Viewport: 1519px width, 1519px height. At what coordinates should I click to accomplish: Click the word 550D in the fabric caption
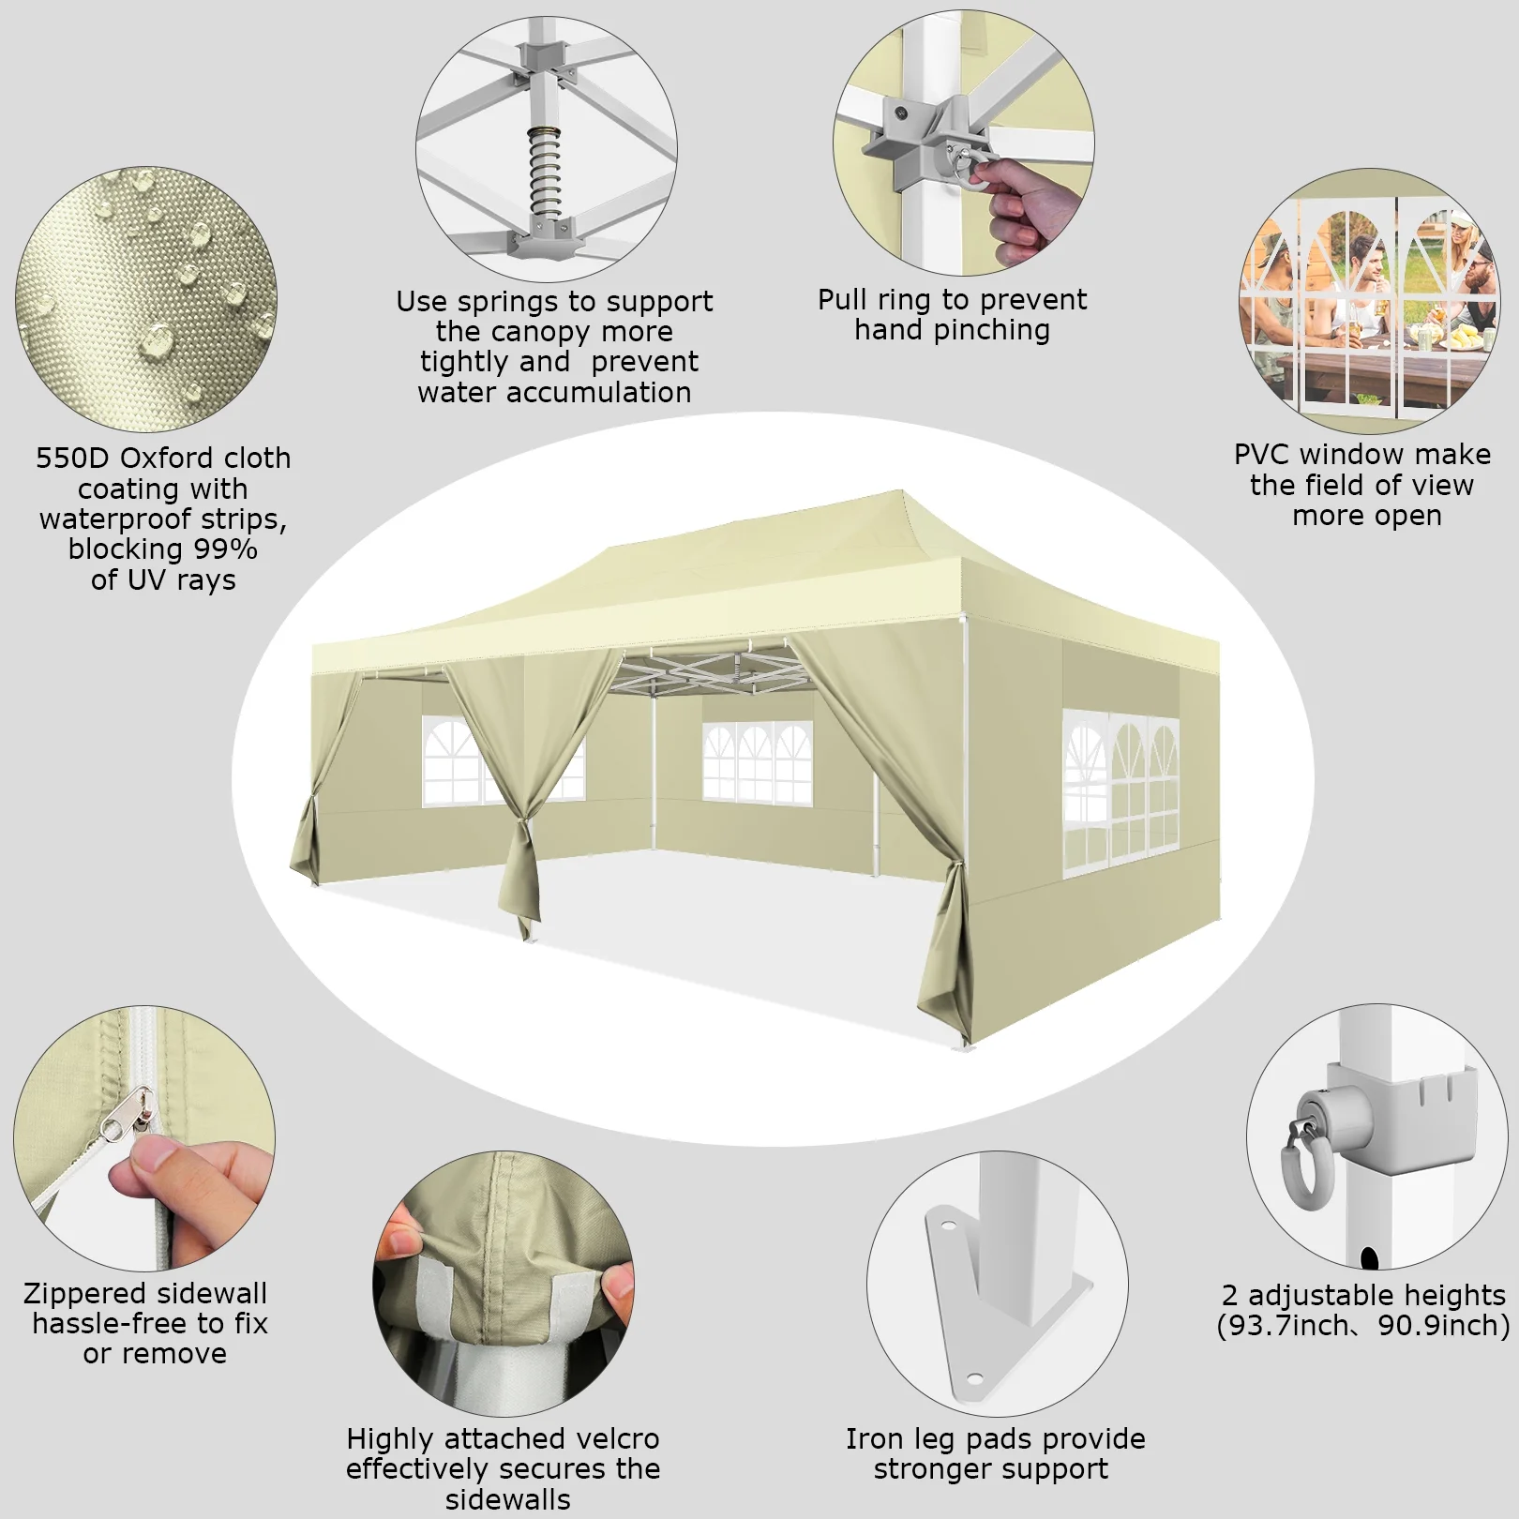[x=74, y=459]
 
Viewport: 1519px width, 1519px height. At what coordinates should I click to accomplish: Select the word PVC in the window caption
[x=1262, y=455]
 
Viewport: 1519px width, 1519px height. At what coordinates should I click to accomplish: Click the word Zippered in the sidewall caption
[x=83, y=1295]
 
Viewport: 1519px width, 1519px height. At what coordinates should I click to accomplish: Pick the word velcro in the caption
[x=610, y=1438]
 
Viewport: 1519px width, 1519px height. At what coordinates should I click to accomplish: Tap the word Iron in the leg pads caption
[x=876, y=1438]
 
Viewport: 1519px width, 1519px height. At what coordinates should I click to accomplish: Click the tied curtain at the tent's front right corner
[x=947, y=947]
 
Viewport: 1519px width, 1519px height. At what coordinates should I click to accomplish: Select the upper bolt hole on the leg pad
[x=947, y=1226]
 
